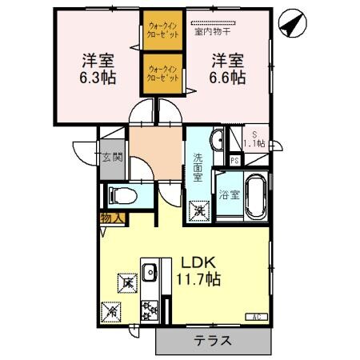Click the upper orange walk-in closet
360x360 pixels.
(x=164, y=30)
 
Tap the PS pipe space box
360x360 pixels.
(x=234, y=160)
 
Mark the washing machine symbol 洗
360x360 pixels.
(x=200, y=211)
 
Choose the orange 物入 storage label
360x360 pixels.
(x=110, y=218)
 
